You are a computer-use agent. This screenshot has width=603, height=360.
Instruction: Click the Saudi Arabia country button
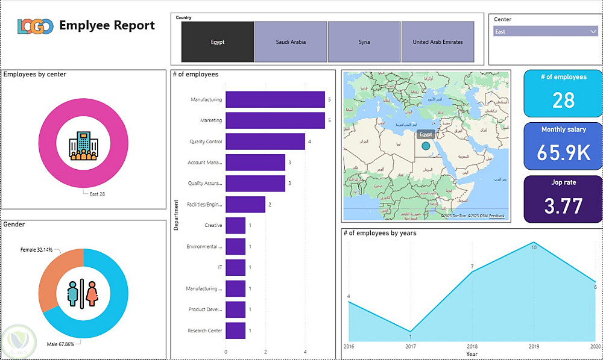291,42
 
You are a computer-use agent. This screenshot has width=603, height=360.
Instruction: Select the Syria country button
364,42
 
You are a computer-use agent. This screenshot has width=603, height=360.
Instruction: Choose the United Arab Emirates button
438,42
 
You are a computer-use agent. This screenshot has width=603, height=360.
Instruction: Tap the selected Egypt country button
218,42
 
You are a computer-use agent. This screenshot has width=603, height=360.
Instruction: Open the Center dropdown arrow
593,31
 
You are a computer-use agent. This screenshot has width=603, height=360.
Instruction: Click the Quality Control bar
265,142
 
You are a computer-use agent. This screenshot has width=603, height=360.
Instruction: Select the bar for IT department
235,267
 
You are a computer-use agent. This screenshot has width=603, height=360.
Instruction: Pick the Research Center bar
235,331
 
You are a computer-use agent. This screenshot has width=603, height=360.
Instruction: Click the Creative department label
213,225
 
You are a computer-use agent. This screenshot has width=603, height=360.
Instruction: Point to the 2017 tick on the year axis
410,346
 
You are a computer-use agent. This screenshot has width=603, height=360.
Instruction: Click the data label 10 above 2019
533,247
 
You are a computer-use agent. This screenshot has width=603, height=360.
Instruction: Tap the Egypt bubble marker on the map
426,146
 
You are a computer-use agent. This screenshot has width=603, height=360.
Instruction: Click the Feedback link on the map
497,216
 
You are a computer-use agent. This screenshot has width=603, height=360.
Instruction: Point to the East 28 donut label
98,194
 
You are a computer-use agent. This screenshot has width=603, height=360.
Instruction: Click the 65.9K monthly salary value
563,153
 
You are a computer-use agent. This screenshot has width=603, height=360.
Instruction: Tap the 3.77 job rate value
563,206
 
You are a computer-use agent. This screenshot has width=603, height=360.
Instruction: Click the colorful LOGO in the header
36,26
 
